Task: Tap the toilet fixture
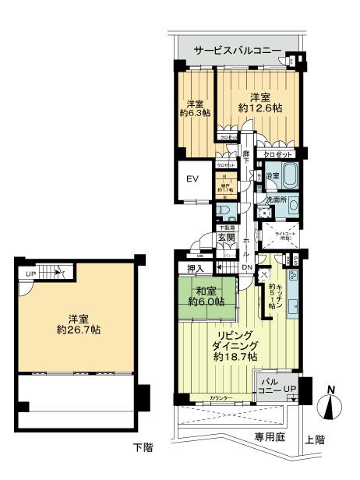pyautogui.click(x=224, y=212)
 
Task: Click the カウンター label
pyautogui.click(x=221, y=399)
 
